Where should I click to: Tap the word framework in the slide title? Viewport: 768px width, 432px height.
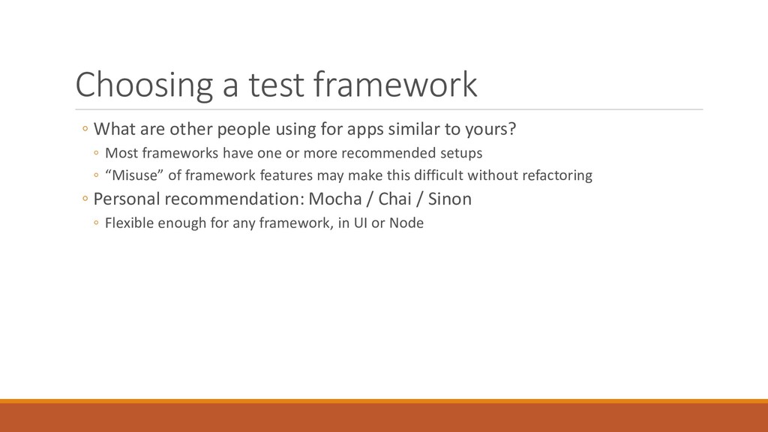pos(395,84)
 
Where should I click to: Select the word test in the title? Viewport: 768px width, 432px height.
pos(276,85)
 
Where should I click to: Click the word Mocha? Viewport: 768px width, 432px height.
pos(335,199)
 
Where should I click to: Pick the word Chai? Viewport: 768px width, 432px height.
pos(394,199)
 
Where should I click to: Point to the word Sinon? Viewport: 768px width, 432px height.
pos(450,199)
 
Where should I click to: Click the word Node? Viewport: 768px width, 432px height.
pos(406,223)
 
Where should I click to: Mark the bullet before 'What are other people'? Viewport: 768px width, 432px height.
pos(85,129)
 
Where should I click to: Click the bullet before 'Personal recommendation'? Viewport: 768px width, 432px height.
pos(85,199)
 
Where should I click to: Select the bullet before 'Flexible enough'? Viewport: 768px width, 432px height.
pos(96,223)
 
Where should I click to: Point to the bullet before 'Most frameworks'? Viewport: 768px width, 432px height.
pos(96,153)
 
